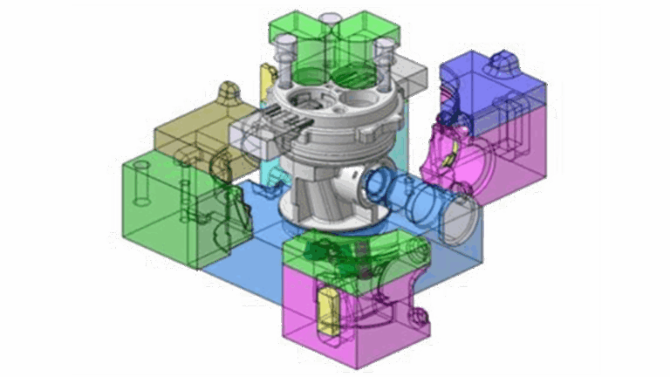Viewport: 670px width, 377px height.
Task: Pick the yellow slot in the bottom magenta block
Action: (329, 311)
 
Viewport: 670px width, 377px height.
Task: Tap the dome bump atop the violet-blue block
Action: (504, 61)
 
